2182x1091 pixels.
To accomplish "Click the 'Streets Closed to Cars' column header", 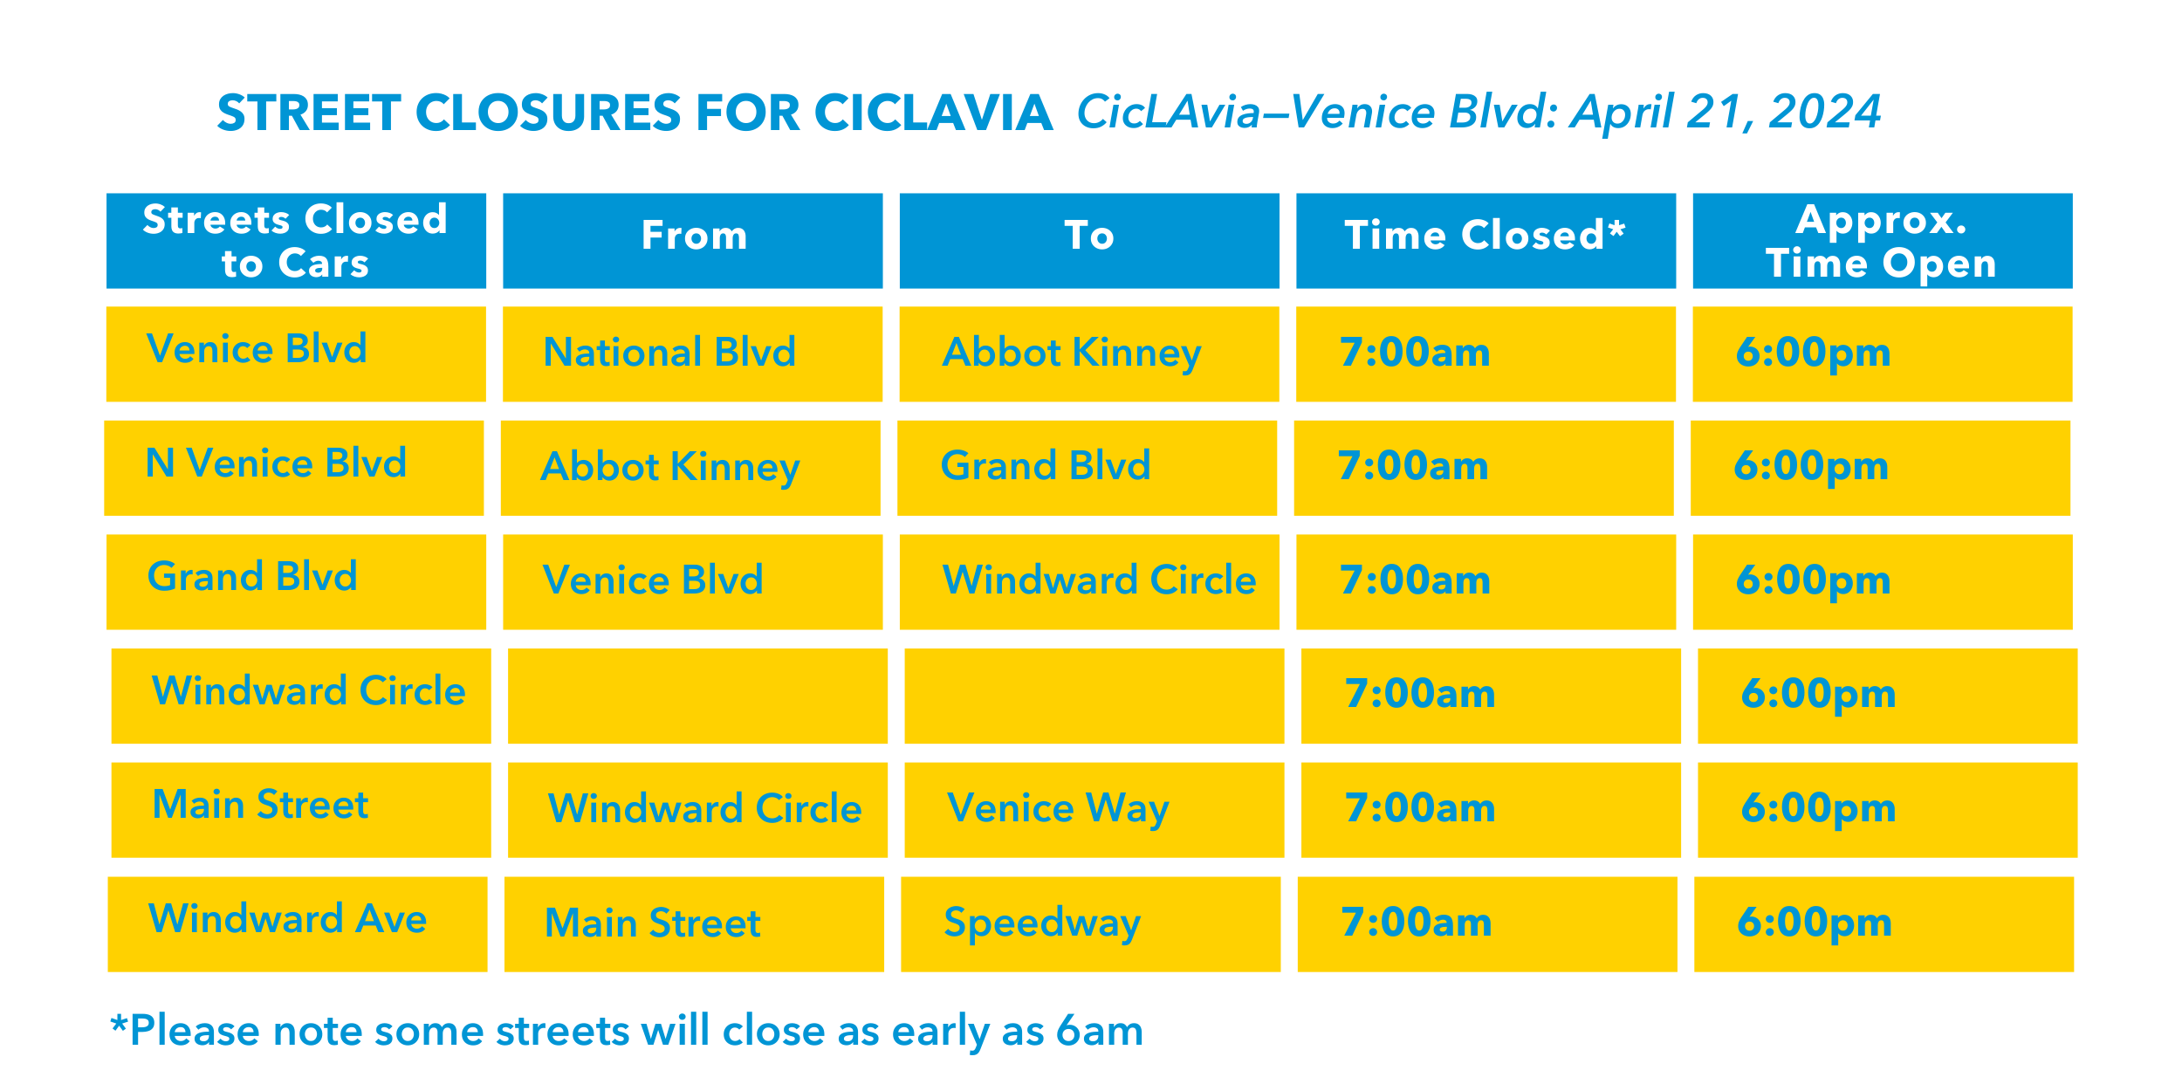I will [295, 241].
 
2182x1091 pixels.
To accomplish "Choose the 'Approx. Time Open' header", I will [1882, 241].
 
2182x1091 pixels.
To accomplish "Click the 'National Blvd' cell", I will [669, 353].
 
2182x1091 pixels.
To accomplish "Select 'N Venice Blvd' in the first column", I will [276, 463].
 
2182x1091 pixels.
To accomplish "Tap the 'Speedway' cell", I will [1042, 923].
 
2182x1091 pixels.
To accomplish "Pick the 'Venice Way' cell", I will [1058, 808].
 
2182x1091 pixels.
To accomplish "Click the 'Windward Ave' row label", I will [288, 919].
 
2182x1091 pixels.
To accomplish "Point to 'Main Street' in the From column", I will [653, 923].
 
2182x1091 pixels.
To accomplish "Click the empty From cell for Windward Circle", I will [697, 696].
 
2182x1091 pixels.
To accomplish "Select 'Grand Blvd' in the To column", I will [1046, 466].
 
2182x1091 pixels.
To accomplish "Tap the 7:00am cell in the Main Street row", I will [1420, 808].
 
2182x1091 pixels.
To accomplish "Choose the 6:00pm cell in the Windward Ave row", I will [1815, 923].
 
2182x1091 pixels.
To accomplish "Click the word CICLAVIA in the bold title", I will [933, 113].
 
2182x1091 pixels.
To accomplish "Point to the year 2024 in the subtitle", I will [1824, 112].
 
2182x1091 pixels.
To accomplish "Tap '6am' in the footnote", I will [1099, 1031].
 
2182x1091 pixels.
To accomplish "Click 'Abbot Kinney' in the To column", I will [1072, 353].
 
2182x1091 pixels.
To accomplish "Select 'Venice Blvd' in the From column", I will [653, 580].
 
